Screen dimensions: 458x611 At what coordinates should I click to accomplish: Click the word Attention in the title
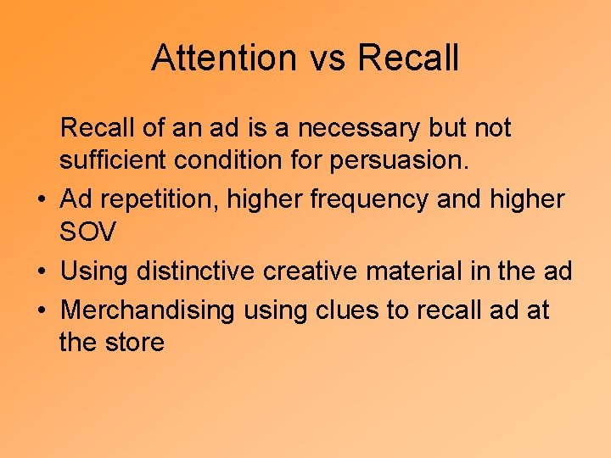click(221, 58)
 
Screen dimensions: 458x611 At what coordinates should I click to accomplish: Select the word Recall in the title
click(408, 58)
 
